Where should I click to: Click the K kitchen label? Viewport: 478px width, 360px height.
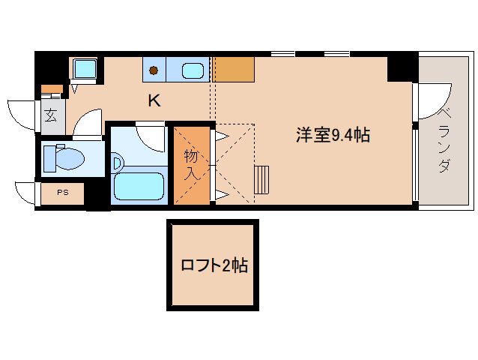tap(154, 100)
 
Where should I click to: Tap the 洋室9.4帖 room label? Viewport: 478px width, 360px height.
tap(333, 135)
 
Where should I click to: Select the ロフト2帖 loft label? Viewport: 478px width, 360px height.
tap(214, 265)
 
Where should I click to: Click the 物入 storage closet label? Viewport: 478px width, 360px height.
tap(191, 165)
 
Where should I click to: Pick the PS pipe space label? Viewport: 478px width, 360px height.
tap(62, 193)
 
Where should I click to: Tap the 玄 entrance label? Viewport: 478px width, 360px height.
tap(50, 115)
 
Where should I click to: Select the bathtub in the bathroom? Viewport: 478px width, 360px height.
tap(139, 186)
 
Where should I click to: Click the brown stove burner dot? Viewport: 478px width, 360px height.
tap(153, 70)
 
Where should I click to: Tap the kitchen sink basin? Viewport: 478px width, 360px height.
tap(194, 71)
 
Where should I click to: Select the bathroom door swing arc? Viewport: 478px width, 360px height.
tap(150, 136)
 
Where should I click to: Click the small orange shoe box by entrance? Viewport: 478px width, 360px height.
tap(51, 90)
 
